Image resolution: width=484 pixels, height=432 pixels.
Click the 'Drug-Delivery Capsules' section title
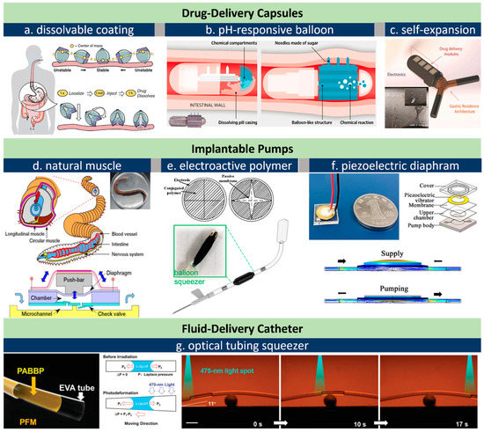point(241,13)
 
